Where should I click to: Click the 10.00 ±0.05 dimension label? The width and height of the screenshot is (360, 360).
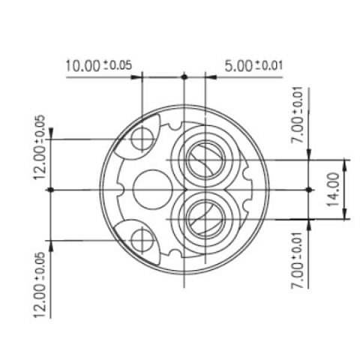(98, 66)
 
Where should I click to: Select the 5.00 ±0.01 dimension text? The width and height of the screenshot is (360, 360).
(253, 66)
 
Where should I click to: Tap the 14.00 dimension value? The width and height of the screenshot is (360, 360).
(334, 190)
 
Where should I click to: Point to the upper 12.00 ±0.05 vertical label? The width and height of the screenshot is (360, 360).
(40, 147)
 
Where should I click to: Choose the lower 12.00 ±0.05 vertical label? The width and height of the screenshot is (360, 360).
(40, 285)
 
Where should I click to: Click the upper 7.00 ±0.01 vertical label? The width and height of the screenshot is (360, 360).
(297, 115)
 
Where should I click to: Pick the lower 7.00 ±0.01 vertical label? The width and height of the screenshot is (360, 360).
(297, 260)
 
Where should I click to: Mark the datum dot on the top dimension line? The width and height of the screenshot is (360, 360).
(184, 76)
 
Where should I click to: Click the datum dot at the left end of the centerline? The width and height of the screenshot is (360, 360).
(51, 190)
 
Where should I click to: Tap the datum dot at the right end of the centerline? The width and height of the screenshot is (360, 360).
(309, 190)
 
